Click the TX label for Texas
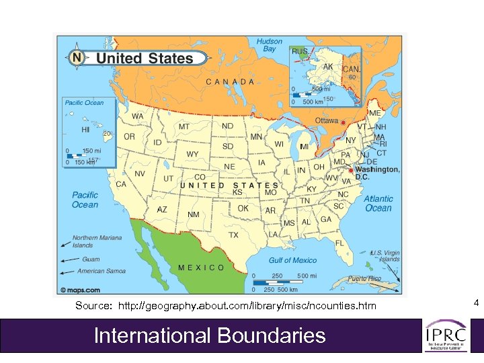tap(233, 235)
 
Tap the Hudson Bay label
tap(269, 45)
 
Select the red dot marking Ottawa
tap(342, 123)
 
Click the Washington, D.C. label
tap(376, 173)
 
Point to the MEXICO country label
tap(201, 268)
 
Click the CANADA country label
tap(230, 82)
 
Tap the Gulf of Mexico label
tap(292, 261)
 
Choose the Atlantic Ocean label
tap(378, 204)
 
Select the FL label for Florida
tap(340, 243)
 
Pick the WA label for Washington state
tap(137, 116)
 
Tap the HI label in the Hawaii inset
tap(85, 130)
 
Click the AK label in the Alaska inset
tap(328, 67)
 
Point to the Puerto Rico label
tap(364, 278)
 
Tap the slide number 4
tap(475, 304)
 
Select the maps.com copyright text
tap(80, 290)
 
